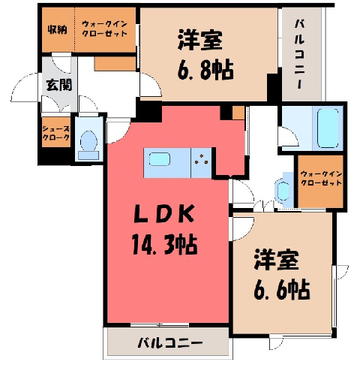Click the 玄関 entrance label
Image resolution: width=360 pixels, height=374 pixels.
click(x=59, y=85)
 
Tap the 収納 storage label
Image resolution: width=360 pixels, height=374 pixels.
click(x=58, y=30)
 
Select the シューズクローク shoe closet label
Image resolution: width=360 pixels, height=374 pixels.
click(x=56, y=133)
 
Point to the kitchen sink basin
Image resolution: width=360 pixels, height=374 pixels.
click(x=160, y=159)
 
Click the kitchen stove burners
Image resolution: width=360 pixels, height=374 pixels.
click(x=202, y=159)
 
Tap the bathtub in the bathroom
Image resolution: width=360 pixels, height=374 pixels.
click(x=328, y=128)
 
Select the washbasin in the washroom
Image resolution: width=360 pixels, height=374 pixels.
click(x=283, y=191)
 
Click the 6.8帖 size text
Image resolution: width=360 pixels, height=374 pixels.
click(x=205, y=71)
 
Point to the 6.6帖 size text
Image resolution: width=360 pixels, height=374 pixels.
click(x=282, y=290)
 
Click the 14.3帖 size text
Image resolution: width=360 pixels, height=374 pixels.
click(x=165, y=245)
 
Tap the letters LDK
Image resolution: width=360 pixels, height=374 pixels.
click(x=164, y=213)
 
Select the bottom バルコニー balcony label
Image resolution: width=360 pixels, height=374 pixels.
click(x=170, y=342)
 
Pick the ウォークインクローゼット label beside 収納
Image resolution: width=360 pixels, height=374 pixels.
click(x=105, y=29)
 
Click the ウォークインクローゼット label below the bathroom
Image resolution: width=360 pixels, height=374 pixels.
click(x=321, y=178)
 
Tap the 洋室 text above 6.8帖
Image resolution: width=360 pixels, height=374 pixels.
click(x=200, y=40)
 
